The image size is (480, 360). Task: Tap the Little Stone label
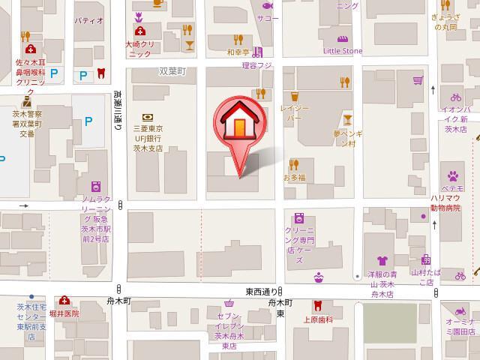(342, 51)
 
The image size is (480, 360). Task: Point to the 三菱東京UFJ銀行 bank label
(148, 138)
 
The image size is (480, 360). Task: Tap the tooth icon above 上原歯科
(317, 305)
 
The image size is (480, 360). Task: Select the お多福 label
(294, 178)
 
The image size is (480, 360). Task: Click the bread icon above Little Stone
(342, 38)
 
